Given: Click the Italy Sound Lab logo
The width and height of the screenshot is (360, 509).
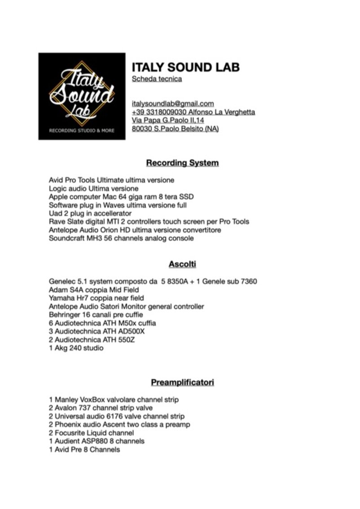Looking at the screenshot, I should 82,96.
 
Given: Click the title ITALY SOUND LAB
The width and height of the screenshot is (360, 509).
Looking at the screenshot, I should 185,67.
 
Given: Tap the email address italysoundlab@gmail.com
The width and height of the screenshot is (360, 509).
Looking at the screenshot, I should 173,104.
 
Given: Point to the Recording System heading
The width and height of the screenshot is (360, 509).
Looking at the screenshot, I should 182,162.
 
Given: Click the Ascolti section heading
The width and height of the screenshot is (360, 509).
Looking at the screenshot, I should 182,264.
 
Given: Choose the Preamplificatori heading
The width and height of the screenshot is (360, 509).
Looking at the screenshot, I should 182,382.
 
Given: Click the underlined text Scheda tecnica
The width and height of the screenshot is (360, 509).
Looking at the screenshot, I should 157,79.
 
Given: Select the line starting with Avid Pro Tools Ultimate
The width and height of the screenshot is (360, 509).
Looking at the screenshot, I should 111,180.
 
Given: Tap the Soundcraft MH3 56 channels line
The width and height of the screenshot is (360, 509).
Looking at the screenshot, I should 121,238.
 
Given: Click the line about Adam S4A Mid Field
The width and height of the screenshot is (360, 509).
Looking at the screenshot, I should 94,290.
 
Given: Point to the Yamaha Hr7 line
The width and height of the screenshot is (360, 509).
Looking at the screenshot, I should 93,298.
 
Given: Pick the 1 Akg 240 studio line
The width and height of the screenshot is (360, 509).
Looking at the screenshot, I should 76,348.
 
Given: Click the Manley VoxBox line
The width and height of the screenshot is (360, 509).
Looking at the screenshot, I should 114,399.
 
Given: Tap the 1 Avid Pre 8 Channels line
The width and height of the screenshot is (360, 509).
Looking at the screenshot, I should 84,449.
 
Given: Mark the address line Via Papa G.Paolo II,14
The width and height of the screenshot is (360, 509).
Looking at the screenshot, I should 168,120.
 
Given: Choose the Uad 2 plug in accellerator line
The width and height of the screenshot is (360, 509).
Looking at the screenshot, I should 90,213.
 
